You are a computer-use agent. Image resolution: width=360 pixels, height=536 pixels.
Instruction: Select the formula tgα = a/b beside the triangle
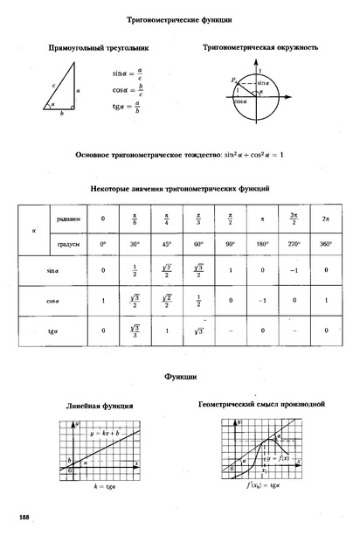coord(128,107)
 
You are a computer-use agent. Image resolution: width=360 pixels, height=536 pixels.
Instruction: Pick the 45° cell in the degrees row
coord(167,243)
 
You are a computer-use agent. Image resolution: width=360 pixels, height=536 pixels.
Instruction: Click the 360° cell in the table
coord(325,243)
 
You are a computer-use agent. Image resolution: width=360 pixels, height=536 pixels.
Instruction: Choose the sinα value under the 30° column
coord(135,270)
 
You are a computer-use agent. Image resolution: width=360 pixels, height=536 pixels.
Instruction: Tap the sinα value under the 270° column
coord(293,270)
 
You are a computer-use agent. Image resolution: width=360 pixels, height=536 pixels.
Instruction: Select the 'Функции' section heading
coord(180,377)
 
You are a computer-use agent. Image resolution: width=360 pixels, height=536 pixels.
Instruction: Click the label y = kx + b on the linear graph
coord(106,434)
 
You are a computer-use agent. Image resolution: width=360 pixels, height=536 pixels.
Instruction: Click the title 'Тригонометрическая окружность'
coord(260,46)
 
